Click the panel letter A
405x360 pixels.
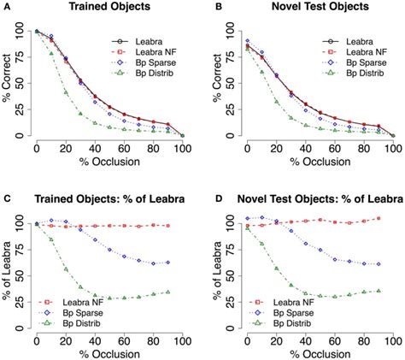click(4, 7)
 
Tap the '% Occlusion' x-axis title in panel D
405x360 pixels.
click(310, 351)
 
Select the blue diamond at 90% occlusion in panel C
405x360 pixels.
click(167, 262)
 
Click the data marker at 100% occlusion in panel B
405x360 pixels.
click(392, 135)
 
